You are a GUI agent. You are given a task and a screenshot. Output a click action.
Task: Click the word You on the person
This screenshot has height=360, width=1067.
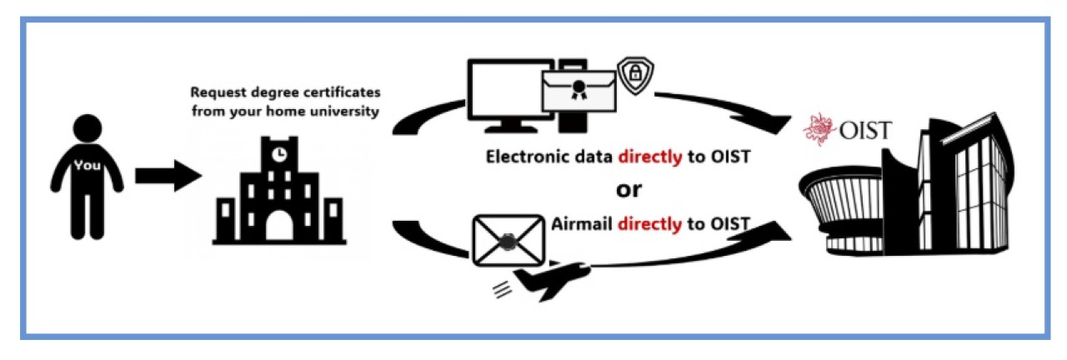(86, 165)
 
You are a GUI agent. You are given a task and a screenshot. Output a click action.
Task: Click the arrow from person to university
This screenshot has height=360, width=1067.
(168, 177)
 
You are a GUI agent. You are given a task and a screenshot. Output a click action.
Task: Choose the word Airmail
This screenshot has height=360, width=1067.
(582, 222)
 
